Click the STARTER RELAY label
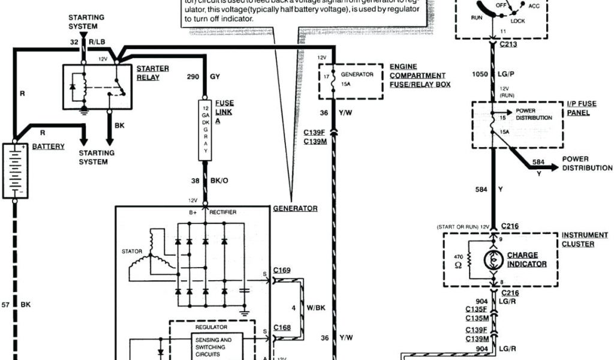[152, 73]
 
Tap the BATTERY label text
[49, 146]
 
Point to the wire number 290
[192, 77]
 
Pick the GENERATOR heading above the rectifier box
[295, 209]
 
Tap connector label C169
[281, 271]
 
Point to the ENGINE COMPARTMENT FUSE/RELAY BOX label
[418, 76]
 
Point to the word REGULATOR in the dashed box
[210, 328]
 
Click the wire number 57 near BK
[5, 305]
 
